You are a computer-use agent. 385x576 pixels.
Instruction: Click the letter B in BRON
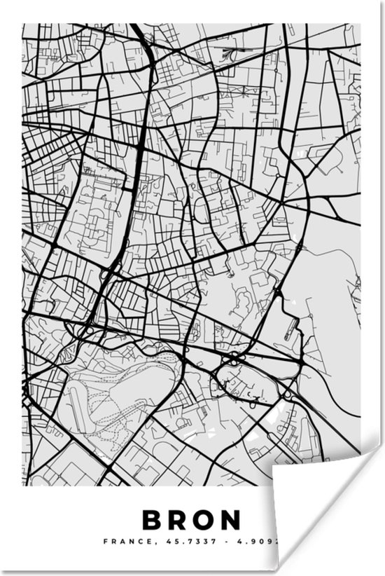[152, 519]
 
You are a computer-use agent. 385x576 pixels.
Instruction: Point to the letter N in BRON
[231, 519]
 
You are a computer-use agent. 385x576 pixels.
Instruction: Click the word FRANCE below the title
[122, 541]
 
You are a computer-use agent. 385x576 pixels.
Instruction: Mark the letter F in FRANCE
[105, 541]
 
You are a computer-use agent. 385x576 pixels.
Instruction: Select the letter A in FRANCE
[119, 541]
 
